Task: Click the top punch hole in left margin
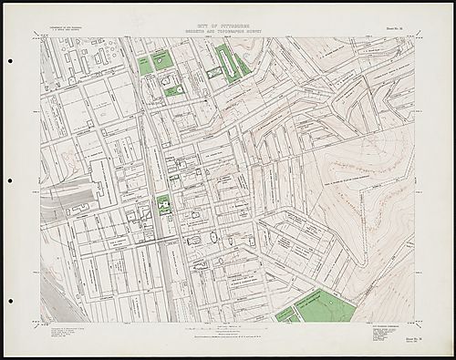click(10, 61)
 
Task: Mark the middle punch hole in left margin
click(10, 180)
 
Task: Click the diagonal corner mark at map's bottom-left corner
click(37, 325)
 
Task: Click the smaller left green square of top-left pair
click(145, 65)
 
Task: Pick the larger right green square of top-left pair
click(163, 60)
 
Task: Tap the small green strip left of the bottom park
click(285, 314)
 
